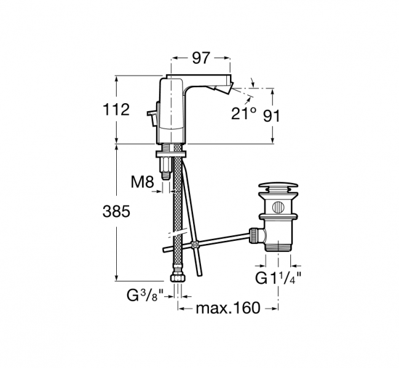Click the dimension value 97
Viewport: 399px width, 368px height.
coord(201,58)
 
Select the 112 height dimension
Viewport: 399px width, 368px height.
coord(116,109)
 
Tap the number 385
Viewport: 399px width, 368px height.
coord(116,211)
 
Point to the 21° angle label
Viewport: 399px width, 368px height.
coord(243,113)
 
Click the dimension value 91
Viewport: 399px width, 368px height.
coord(271,116)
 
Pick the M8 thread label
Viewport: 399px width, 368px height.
coord(143,182)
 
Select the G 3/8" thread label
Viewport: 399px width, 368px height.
coord(144,296)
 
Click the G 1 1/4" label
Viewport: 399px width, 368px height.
coord(278,278)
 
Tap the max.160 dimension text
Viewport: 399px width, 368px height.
coord(228,308)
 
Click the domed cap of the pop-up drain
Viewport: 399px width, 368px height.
coord(278,186)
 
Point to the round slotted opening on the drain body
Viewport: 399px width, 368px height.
coord(278,207)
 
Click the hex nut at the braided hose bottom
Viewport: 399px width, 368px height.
coord(177,276)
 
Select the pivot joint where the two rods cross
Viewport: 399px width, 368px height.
coord(195,245)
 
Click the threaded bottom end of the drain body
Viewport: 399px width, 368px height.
coord(278,247)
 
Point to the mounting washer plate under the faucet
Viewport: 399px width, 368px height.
coord(171,154)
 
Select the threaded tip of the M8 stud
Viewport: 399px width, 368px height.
coord(165,175)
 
